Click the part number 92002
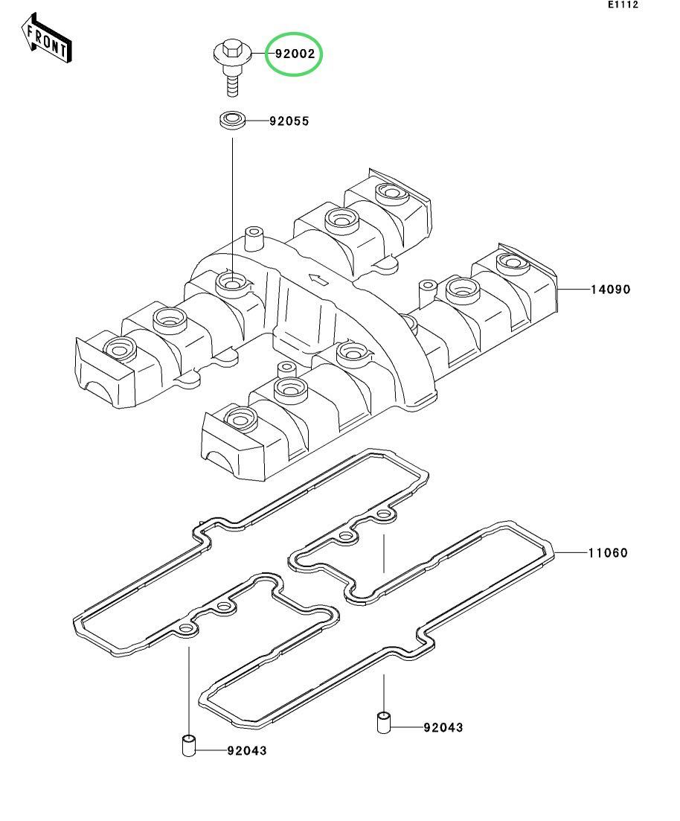point(295,54)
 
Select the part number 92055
point(289,121)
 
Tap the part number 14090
point(611,289)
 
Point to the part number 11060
point(608,552)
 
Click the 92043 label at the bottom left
point(247,750)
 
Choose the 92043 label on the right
point(443,727)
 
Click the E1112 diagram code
point(623,4)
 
